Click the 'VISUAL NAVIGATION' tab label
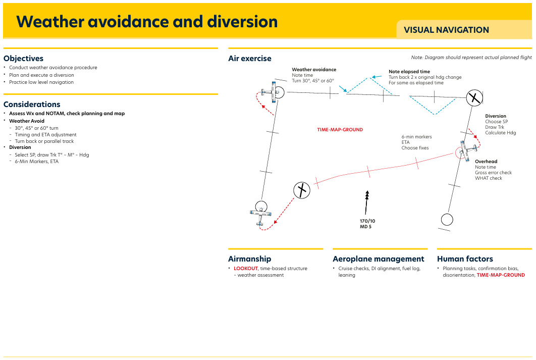pos(446,30)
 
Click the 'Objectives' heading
pos(24,59)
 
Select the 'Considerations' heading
pos(32,105)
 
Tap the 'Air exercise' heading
pos(250,59)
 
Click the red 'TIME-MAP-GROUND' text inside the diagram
pos(340,130)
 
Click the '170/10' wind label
pos(367,221)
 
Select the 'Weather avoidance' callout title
pos(314,69)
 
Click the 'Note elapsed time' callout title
pos(409,72)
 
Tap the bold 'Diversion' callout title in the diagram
pos(496,116)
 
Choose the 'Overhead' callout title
pos(486,162)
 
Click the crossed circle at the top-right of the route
pos(474,98)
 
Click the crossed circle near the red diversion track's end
pos(302,190)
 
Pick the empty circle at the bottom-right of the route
pos(447,220)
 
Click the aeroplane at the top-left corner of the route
pos(270,92)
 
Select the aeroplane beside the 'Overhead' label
pos(467,150)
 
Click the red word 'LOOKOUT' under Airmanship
pos(246,269)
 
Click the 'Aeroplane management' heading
pos(379,259)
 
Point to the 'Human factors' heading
pos(465,259)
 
